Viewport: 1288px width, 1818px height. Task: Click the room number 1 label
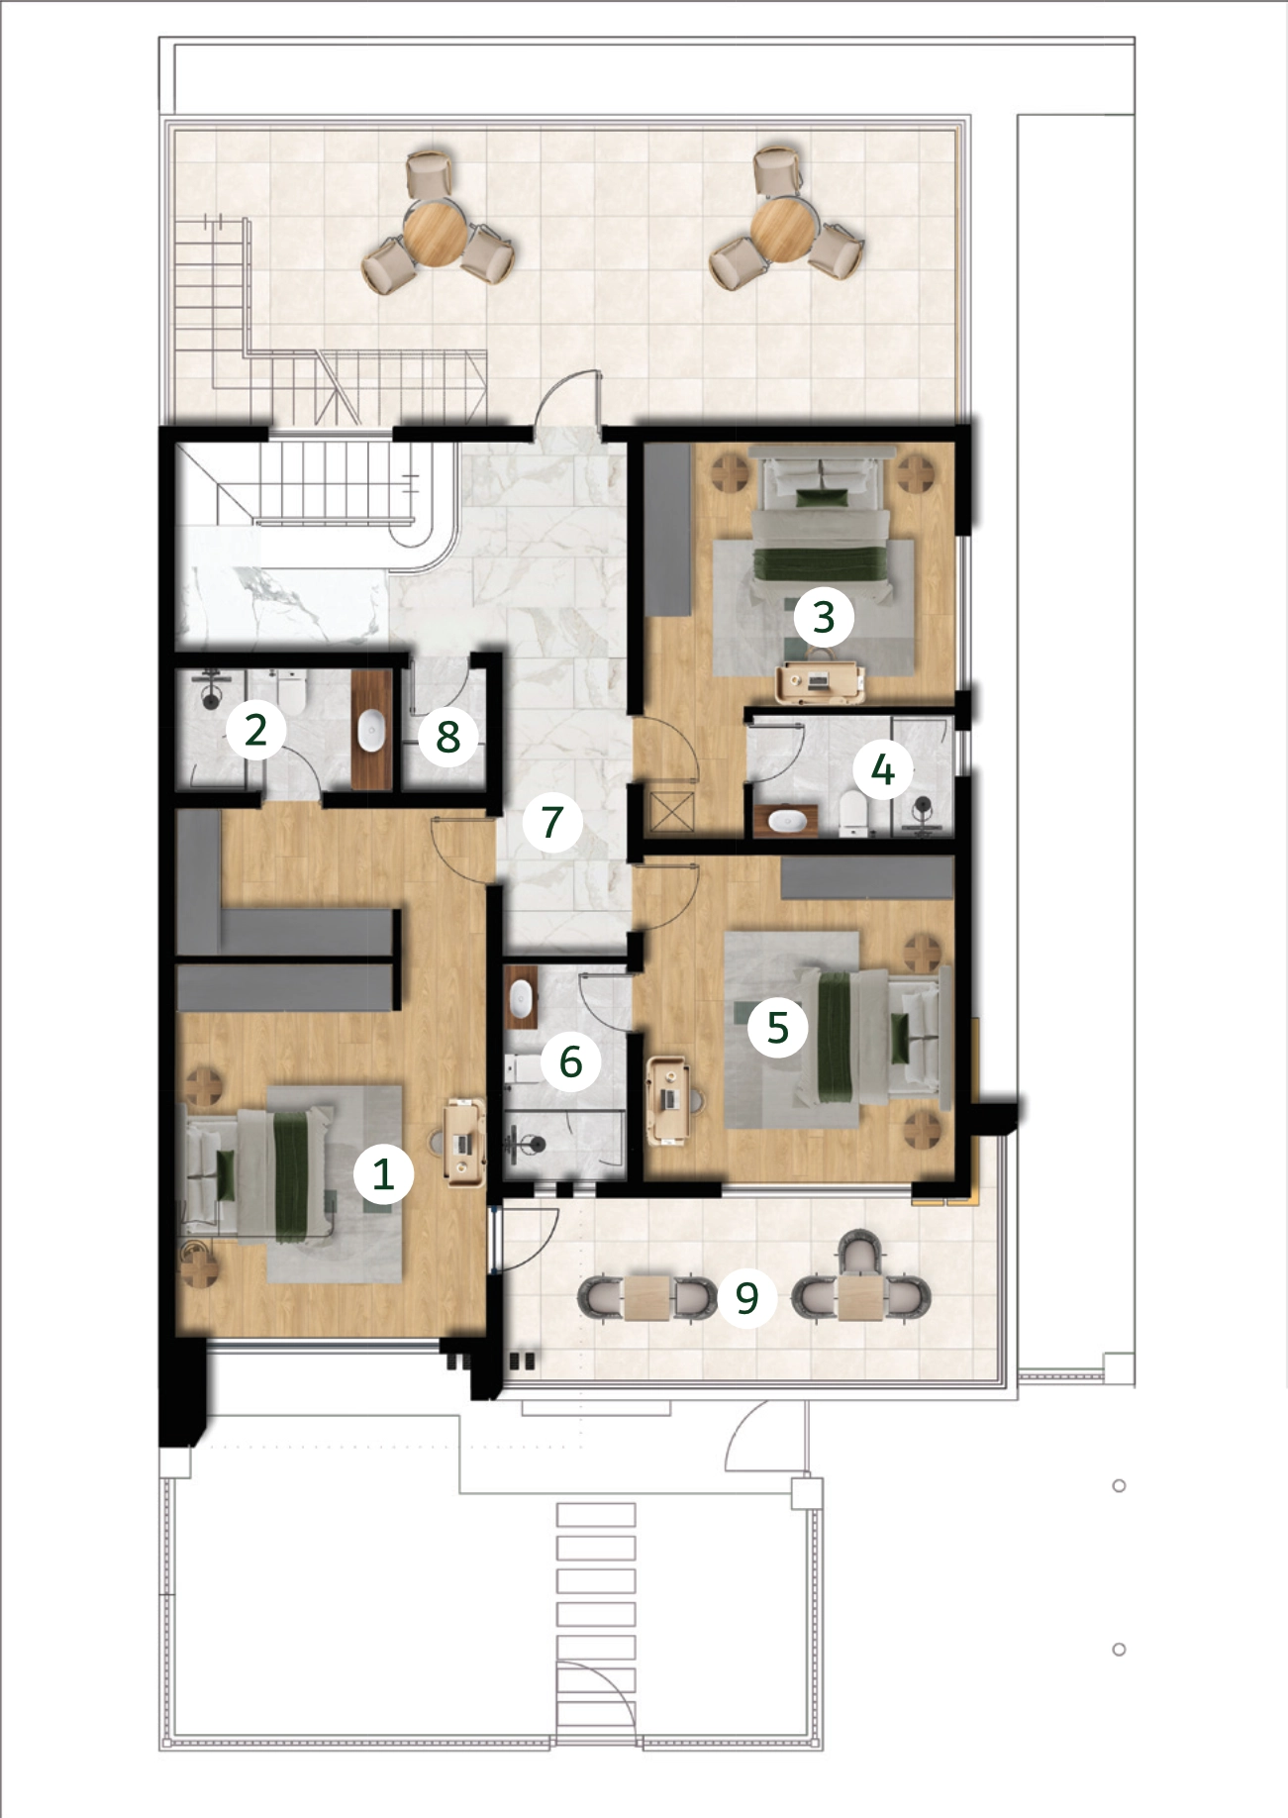[383, 1174]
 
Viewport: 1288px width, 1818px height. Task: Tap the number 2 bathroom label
[255, 730]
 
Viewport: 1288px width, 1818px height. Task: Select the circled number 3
[824, 616]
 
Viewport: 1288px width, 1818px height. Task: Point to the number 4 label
[883, 769]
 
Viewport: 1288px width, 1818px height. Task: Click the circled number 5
[778, 1027]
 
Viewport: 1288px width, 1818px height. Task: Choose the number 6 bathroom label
[570, 1061]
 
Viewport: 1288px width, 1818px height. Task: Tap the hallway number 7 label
[551, 822]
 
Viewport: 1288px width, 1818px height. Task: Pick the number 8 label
[447, 736]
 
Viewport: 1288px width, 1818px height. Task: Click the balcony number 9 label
[746, 1296]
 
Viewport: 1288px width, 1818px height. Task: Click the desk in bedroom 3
[820, 682]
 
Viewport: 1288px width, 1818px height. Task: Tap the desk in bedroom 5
[668, 1100]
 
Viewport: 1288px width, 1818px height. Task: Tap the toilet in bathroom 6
[522, 1068]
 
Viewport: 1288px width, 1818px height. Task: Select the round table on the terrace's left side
[436, 232]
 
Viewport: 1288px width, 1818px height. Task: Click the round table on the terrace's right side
[782, 231]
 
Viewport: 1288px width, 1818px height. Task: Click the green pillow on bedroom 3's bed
[824, 497]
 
